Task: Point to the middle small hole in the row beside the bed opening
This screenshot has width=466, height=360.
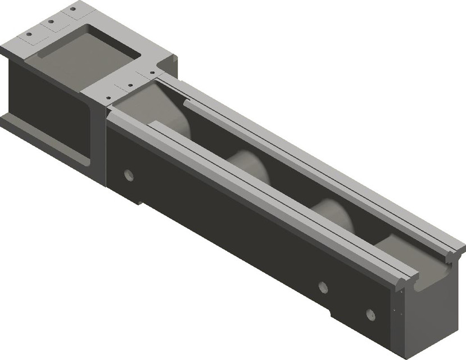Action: pyautogui.click(x=130, y=85)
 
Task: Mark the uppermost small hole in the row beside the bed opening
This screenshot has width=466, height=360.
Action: pyautogui.click(x=151, y=73)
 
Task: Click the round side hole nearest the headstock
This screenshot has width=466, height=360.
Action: pyautogui.click(x=129, y=175)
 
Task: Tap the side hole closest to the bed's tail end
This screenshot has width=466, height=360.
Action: pyautogui.click(x=370, y=314)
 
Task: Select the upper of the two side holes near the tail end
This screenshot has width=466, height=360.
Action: pyautogui.click(x=323, y=287)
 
